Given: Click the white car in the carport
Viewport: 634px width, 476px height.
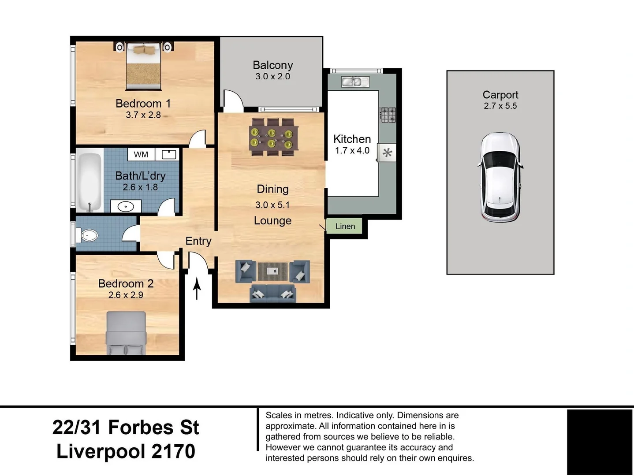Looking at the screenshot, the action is pos(500,177).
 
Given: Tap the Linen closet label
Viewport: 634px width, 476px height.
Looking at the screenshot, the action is pos(345,226).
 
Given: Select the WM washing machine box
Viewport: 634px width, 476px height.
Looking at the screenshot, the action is pos(141,154).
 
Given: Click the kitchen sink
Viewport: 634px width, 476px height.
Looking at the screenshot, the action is pos(355,82).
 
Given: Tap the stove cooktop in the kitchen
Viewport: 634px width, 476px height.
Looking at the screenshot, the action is pos(388,115).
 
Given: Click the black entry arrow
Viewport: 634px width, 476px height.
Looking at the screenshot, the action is pos(197,288).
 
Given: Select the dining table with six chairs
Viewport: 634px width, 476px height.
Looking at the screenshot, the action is pos(273,137).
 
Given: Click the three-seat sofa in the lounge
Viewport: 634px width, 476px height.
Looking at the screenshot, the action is pos(272,294).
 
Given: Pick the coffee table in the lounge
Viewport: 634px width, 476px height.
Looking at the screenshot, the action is pos(272,271).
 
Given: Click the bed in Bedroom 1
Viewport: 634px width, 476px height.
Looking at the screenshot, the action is pos(143,66).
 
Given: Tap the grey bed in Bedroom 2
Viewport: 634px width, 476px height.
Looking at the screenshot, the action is pos(126,333).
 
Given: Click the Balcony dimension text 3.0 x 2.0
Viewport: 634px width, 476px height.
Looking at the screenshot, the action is pos(272,77).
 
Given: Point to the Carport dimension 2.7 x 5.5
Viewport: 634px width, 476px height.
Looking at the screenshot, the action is pos(500,106).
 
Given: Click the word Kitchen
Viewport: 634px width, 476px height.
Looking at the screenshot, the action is pos(352,139).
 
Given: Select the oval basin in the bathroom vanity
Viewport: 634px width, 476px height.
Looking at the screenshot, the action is pos(126,206).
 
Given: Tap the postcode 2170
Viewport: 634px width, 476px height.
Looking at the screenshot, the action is pos(173,451).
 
